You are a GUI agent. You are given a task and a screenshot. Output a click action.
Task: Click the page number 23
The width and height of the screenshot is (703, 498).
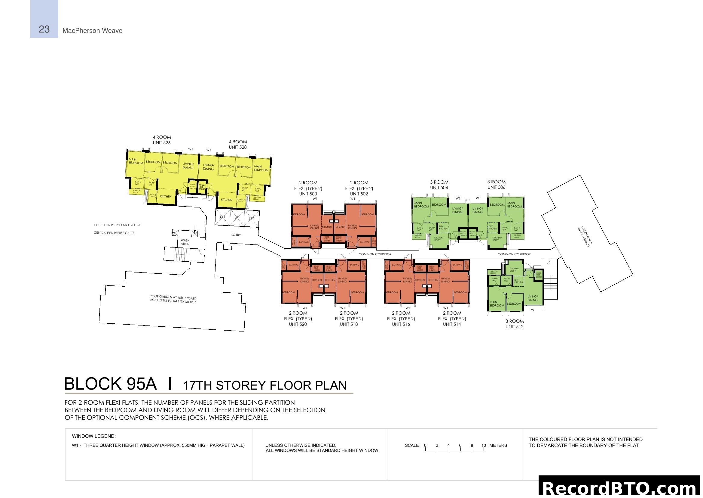44,29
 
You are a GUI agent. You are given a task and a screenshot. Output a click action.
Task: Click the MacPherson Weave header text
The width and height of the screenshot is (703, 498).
92,31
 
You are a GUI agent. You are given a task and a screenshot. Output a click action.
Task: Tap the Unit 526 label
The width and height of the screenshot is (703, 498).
162,143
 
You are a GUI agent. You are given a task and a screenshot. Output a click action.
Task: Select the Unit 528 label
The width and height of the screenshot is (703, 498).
238,147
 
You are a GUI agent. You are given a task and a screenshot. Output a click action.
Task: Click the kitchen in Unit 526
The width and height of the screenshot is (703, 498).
166,196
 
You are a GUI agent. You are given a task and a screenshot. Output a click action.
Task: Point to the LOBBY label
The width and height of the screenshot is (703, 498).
236,235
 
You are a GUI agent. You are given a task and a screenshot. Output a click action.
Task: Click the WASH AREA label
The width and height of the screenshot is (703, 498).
185,242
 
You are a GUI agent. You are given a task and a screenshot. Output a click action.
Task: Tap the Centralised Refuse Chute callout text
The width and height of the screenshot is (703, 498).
114,233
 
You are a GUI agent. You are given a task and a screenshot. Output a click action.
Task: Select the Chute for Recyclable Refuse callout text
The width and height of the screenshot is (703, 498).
117,225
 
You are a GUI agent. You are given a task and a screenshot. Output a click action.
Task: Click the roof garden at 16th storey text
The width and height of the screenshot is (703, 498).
173,299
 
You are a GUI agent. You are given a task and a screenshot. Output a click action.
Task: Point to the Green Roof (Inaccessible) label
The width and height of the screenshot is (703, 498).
584,236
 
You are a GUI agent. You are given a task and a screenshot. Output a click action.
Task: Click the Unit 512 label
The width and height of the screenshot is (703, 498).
514,327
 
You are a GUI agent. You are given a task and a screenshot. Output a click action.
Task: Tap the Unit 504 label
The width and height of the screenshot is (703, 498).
439,188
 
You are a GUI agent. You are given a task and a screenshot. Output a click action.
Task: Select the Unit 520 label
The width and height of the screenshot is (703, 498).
298,324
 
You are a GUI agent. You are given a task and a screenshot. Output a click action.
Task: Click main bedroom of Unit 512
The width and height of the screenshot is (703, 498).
496,303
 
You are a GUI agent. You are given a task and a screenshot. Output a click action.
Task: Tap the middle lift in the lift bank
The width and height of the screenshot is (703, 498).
237,218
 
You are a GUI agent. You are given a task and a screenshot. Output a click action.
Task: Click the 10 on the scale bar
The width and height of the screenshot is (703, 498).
484,445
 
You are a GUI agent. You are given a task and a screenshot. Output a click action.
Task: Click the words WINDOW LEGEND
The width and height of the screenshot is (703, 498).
94,436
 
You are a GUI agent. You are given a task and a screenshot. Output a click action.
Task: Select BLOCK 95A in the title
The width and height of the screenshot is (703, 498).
110,384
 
